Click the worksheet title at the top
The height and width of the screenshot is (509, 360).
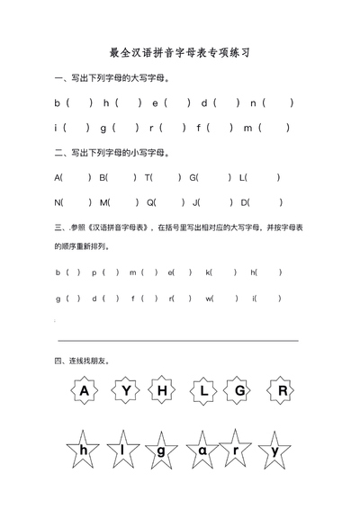point(179,53)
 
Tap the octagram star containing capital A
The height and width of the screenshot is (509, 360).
point(85,391)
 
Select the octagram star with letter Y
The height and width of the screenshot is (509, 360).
point(126,391)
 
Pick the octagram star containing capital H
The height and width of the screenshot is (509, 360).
point(163,391)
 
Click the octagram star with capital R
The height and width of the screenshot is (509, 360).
point(283,391)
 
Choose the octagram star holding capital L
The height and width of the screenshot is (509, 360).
point(204,391)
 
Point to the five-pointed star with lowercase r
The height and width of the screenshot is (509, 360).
point(237,450)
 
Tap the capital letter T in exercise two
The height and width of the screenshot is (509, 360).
point(148,177)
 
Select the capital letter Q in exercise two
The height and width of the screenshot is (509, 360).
point(150,202)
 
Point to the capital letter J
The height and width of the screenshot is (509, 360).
point(196,202)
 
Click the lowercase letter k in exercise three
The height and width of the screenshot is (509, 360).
point(208,272)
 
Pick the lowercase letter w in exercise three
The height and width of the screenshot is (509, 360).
point(209,298)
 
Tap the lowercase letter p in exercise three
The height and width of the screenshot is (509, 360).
point(94,272)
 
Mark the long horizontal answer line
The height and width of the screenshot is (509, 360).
point(178,341)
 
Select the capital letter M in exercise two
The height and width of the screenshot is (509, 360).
point(103,202)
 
